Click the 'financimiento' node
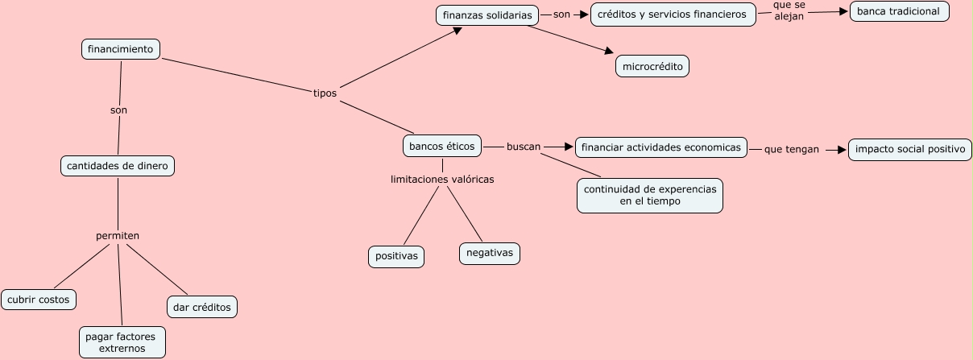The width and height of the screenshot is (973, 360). coord(121,49)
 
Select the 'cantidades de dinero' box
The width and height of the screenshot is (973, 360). coord(118,166)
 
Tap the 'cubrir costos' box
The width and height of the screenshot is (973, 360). coord(39,300)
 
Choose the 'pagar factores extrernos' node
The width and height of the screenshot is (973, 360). coord(122,341)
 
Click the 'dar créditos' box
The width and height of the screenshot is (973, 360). coord(202,307)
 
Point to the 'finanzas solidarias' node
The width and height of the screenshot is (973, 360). coord(488,15)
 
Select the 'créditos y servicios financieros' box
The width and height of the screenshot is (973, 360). coord(673,14)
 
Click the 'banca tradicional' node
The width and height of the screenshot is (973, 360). coord(899,11)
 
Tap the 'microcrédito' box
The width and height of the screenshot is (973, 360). coord(652,66)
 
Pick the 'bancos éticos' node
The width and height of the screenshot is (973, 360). coord(443,147)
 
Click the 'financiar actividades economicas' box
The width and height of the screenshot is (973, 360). coord(661,147)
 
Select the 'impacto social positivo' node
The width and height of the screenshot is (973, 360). coord(910,149)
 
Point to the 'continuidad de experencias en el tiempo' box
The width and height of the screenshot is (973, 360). coord(649,195)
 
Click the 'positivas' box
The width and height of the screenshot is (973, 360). coord(396,256)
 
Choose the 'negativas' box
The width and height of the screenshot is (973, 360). coord(490,253)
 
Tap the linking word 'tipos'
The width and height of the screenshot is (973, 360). coord(325,93)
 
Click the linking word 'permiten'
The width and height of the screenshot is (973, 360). coord(118,235)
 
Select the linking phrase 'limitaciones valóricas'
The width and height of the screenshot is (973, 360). coord(442,180)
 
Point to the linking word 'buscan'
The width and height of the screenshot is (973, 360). coord(524,147)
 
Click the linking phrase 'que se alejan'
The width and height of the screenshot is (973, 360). coord(789,10)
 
